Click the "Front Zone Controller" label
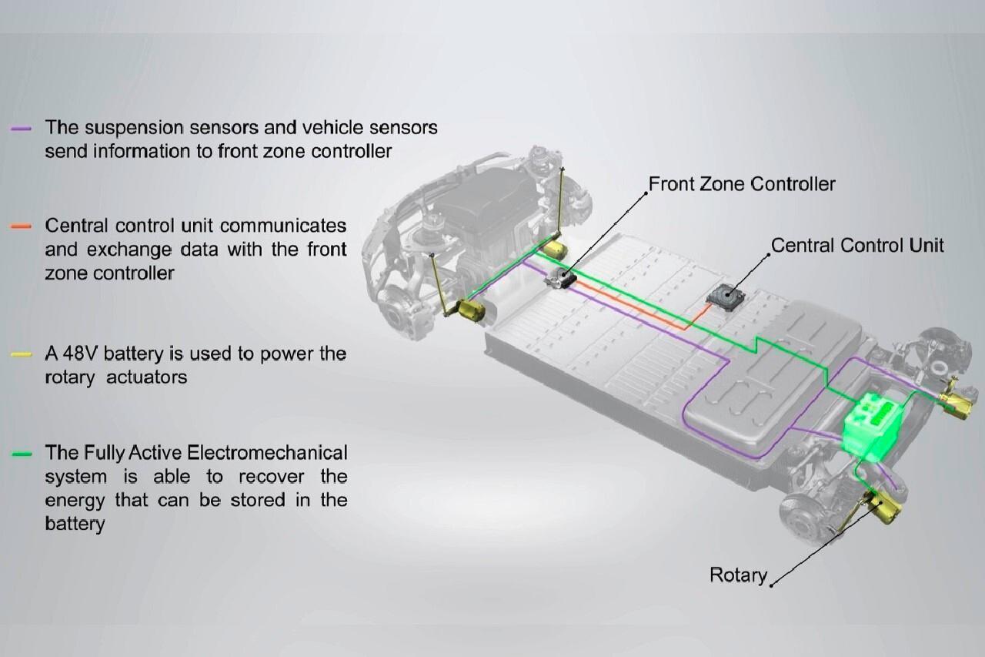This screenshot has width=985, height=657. click(741, 184)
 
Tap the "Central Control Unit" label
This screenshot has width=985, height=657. click(856, 246)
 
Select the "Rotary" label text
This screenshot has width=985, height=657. click(738, 575)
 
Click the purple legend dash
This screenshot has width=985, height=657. click(22, 128)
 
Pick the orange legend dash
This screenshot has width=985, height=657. click(22, 226)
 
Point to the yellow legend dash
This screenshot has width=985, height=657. click(22, 354)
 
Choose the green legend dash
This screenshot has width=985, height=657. click(22, 454)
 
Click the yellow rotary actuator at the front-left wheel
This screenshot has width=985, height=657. click(471, 310)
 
